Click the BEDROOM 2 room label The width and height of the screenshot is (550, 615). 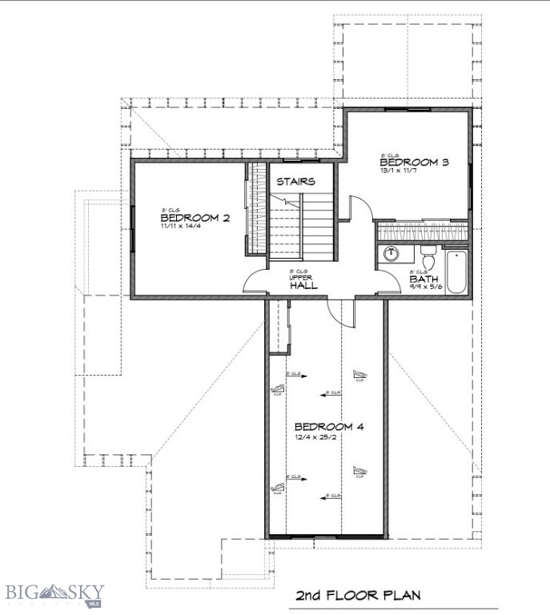(184, 218)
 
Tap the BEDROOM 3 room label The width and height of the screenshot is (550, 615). (414, 162)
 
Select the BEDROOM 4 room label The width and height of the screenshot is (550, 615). (329, 427)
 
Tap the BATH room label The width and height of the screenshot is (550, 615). (423, 279)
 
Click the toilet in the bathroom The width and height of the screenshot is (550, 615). (428, 259)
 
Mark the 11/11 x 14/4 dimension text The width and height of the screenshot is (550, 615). (180, 227)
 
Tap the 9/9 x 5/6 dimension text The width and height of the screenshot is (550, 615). (424, 287)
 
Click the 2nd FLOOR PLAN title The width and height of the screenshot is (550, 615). (357, 596)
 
